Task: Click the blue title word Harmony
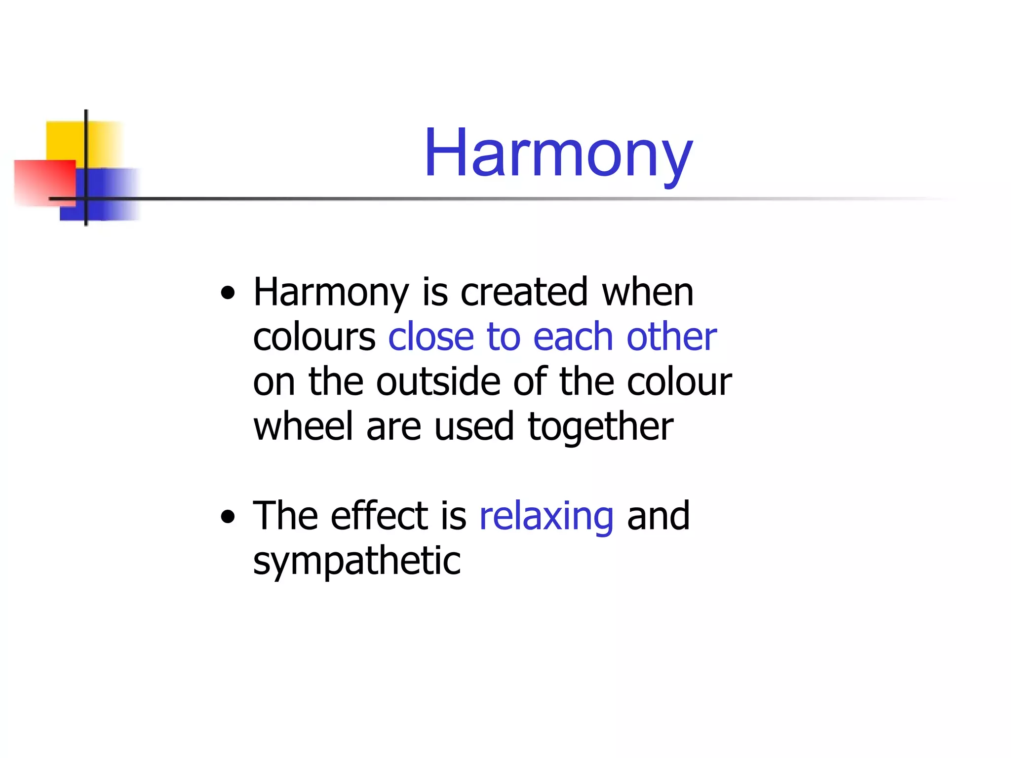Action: point(558,153)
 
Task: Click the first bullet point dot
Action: point(228,294)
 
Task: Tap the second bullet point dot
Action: point(228,518)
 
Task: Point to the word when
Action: point(648,292)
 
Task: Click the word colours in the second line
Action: point(314,338)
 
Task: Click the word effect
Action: point(380,516)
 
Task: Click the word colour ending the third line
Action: point(679,382)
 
